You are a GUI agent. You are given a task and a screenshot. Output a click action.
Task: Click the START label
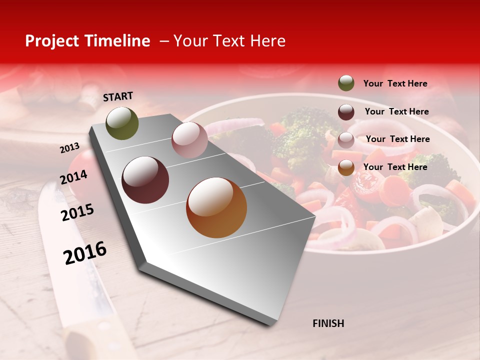pos(118,96)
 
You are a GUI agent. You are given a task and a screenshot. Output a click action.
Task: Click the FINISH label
pos(328,323)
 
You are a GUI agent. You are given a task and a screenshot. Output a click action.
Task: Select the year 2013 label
pos(69,147)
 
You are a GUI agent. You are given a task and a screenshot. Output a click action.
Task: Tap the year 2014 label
pos(73,177)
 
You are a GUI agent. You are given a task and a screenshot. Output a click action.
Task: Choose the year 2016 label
pos(85,253)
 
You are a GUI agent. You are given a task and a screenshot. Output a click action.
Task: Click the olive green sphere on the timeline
pos(122,123)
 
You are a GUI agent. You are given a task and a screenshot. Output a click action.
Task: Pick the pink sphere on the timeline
pos(189,140)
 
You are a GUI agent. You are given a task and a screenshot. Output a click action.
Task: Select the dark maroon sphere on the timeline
pos(145,180)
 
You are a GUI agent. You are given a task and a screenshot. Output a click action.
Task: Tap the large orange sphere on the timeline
pos(216,207)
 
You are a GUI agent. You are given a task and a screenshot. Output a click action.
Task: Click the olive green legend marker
pos(346,83)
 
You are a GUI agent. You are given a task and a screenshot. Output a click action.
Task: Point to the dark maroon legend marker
pos(346,111)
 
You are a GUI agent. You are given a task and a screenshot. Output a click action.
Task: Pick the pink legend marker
pos(346,139)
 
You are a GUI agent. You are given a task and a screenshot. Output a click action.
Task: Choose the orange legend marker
pos(346,167)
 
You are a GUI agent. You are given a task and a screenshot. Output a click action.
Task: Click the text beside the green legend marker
pos(395,83)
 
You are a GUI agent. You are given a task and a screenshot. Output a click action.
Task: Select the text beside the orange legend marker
pos(395,167)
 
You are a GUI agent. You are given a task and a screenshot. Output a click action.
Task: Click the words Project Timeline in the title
pos(87,41)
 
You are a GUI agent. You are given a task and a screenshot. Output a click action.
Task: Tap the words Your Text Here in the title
pos(228,41)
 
